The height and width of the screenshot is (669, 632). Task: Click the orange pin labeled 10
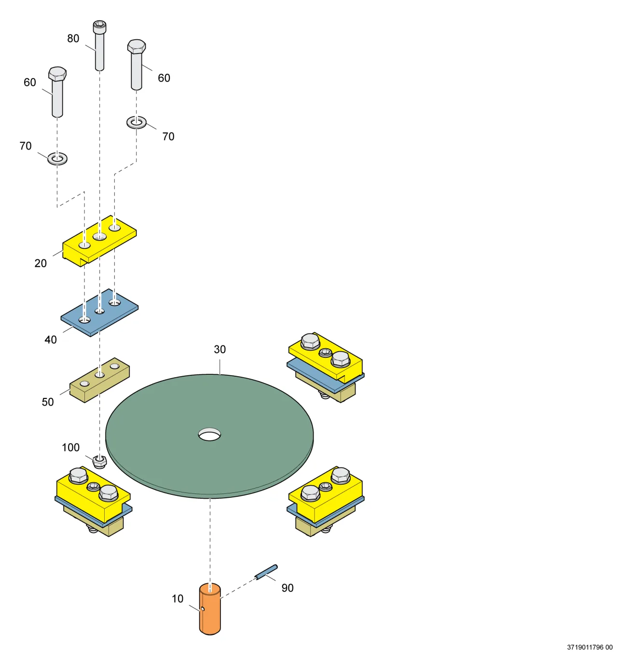pos(210,609)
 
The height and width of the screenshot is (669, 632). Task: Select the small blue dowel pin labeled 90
pos(266,572)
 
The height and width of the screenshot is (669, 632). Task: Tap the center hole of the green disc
pos(209,434)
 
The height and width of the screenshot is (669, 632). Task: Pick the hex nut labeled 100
pos(100,462)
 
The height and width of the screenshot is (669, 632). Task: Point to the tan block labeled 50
pos(99,380)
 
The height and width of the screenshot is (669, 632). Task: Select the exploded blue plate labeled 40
pos(99,312)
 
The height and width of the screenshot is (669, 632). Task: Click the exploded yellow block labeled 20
pos(99,241)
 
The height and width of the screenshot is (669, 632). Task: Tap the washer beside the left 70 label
pos(57,159)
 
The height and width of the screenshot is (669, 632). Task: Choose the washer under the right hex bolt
pos(137,122)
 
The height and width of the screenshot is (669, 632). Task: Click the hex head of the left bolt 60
pos(57,73)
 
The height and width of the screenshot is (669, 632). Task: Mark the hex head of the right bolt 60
pos(137,46)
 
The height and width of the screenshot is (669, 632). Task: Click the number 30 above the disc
pos(220,349)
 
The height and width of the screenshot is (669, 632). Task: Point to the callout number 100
pos(70,447)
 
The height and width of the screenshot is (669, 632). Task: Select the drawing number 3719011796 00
pos(590,647)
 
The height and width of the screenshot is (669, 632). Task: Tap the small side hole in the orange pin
pos(203,609)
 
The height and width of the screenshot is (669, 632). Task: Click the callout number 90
pos(288,588)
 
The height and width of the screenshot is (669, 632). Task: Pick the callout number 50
pos(48,402)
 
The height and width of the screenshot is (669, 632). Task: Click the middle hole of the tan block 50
pos(99,374)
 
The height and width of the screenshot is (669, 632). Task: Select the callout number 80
pos(73,39)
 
